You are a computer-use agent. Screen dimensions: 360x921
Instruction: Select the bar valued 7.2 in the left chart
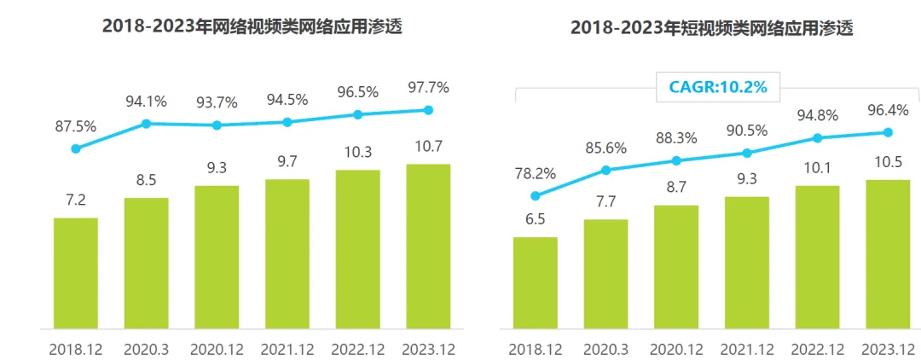76,273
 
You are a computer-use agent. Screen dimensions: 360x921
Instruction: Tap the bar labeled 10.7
428,246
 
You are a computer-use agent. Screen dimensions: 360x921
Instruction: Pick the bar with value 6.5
536,282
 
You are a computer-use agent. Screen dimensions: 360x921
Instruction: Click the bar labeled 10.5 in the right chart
888,253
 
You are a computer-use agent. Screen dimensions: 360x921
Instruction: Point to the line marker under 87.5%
76,148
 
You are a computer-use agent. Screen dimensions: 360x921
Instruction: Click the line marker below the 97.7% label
428,110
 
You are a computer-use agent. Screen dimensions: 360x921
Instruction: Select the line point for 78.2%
536,195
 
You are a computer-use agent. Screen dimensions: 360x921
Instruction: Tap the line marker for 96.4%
888,132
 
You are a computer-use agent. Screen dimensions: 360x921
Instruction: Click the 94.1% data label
147,102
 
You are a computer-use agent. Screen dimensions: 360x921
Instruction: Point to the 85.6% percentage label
606,148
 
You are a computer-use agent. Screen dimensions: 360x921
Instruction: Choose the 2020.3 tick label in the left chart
147,350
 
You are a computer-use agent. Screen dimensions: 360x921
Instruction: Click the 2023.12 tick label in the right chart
888,350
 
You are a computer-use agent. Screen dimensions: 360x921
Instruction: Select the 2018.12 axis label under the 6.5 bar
536,350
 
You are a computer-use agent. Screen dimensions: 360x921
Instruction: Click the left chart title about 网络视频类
252,26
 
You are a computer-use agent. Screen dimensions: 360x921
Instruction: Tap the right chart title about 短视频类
712,29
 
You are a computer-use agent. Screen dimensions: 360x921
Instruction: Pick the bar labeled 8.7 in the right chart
676,267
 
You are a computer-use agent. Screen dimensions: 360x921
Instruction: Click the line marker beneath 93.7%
217,125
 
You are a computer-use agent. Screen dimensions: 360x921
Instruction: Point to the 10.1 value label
817,167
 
